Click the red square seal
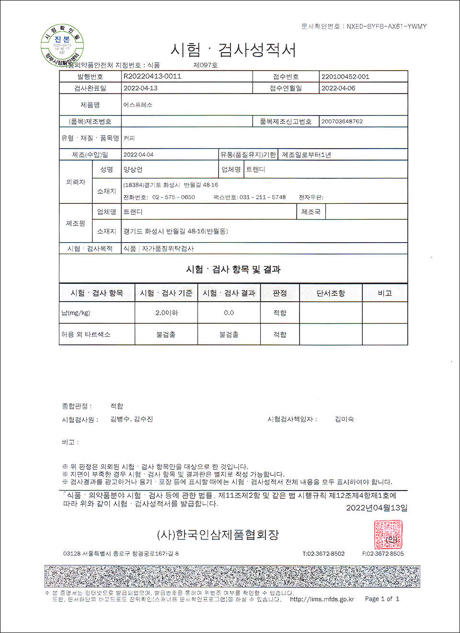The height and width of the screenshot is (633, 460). coord(388,535)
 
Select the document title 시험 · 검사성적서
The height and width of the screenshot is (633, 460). coord(233,50)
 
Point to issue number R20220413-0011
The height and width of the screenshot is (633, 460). coord(152,76)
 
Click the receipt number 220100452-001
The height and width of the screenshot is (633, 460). coord(345,77)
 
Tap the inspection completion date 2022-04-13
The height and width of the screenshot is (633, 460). coord(140,88)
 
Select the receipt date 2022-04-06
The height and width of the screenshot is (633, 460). coord(338,88)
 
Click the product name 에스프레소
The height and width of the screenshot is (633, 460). coord(138,105)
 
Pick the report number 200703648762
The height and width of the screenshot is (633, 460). coord(342,121)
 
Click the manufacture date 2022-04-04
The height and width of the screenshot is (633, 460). coord(138,155)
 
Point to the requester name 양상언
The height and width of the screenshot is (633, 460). coord(133,170)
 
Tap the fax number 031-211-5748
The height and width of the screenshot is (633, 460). coord(263,197)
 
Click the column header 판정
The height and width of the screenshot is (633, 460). coord(280,293)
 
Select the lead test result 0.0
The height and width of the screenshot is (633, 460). coord(229,313)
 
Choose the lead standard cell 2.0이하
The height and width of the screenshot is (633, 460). coord(166,313)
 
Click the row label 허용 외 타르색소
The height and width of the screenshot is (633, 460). coord(86,334)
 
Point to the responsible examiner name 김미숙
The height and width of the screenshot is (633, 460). coord(344,419)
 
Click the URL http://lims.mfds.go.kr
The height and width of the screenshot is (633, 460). coord(322,599)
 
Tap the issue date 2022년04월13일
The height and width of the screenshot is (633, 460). coord(377,508)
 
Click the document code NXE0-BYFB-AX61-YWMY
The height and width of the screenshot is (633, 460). coord(386,26)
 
